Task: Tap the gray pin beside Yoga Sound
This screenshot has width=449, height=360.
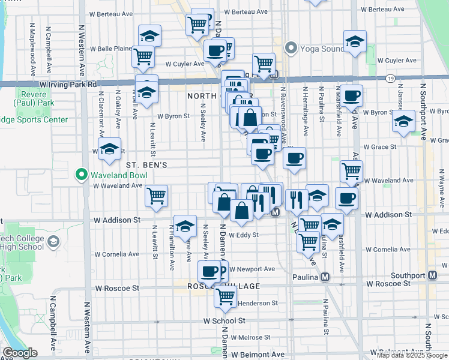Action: tap(292, 47)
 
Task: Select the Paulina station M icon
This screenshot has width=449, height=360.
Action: tap(325, 277)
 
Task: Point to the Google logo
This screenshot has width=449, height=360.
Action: tap(20, 353)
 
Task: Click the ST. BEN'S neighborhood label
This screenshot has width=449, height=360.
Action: tap(145, 164)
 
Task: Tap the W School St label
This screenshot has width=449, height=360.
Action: tap(224, 321)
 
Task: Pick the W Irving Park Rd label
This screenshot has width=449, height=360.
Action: tap(67, 85)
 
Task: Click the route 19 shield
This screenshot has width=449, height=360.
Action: tap(390, 79)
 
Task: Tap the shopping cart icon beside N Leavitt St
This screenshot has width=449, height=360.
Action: tap(156, 195)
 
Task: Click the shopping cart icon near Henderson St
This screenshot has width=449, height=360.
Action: tap(226, 296)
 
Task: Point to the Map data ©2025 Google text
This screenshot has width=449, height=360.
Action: tap(412, 355)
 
